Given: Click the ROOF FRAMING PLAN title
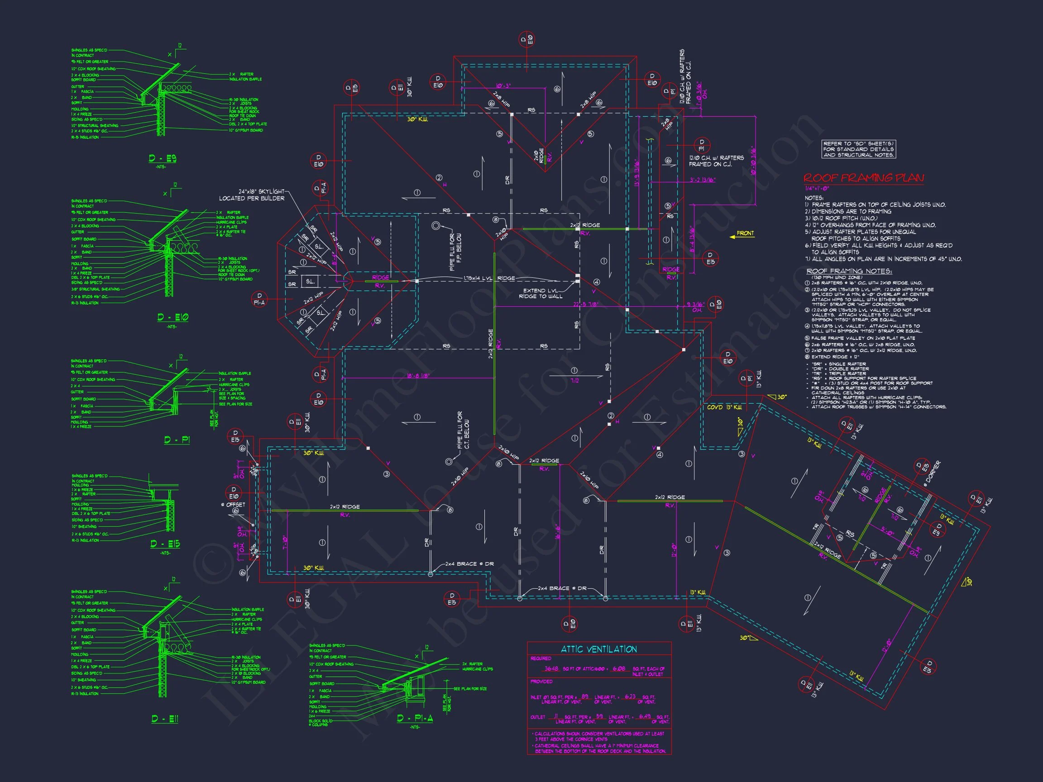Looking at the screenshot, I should (863, 178).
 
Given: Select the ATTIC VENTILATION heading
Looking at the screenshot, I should (598, 649).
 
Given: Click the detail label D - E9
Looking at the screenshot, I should (162, 159).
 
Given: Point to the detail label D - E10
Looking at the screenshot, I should (172, 317).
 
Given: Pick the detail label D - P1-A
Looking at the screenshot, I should (415, 718).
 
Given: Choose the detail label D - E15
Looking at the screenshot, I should (165, 544).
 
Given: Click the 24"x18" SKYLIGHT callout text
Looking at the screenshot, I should (252, 195).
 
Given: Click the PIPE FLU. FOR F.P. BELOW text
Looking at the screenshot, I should (455, 252).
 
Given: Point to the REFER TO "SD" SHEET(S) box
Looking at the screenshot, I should (858, 149).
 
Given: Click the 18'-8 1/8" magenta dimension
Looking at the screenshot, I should (418, 376).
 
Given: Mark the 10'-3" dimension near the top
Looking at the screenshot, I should (503, 86).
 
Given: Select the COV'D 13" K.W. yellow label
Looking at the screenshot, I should (724, 407).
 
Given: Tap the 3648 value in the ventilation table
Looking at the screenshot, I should (551, 669).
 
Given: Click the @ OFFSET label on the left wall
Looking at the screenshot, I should (234, 505).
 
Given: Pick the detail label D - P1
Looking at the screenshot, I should (177, 440).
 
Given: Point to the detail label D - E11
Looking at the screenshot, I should (165, 719).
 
